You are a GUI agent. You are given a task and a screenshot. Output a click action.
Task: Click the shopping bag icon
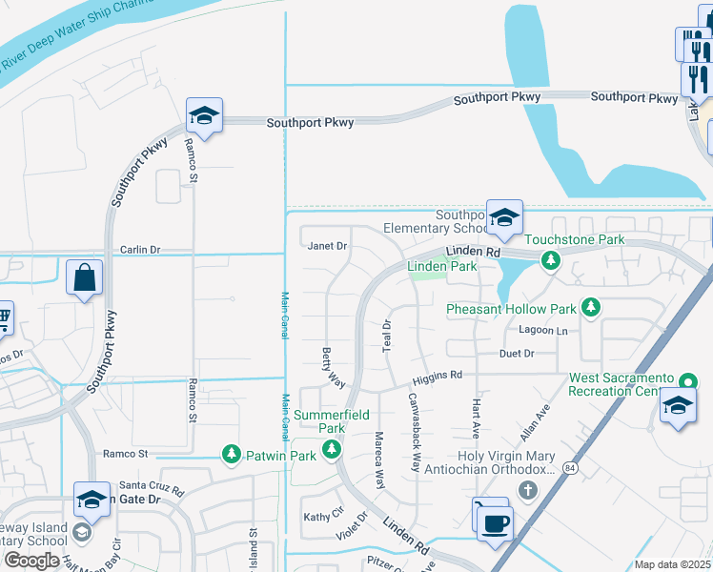point(85,278)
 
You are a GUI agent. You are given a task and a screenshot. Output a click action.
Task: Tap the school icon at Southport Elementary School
point(504,217)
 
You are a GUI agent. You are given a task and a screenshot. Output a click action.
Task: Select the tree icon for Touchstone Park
point(550,259)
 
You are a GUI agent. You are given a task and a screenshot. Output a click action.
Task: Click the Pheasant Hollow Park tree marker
point(591,307)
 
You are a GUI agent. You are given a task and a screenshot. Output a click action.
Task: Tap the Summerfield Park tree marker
point(332,450)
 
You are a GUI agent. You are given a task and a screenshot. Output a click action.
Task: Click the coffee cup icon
point(496,523)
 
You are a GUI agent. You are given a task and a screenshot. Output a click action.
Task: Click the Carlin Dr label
point(140,250)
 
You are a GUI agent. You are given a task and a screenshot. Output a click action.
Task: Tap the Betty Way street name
point(333,366)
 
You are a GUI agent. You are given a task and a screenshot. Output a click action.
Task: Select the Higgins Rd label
point(442,375)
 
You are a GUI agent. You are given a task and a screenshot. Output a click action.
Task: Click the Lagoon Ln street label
point(542,331)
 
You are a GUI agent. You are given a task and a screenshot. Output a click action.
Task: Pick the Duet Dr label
point(517,353)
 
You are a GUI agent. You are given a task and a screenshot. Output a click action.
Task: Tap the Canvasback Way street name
point(415,433)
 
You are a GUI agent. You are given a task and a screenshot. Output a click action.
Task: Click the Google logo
point(31,560)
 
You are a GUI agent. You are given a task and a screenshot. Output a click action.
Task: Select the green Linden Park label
point(441,267)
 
